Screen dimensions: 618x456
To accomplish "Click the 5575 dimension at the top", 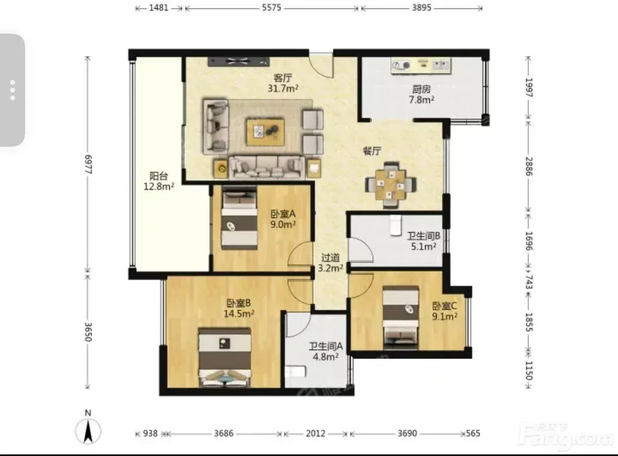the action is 272,7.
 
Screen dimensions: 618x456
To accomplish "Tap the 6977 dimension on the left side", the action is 88,165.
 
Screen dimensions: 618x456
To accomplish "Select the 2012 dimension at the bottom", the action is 316,433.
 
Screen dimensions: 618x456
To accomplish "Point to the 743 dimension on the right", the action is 529,282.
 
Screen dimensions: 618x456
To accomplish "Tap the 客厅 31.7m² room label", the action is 283,83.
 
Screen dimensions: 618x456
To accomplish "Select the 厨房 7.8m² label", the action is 421,94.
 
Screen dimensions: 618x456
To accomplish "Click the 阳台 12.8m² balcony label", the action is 159,181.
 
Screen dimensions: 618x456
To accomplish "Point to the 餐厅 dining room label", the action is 372,150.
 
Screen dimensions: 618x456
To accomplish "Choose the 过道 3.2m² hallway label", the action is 330,263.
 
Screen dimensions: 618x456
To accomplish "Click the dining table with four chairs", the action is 391,184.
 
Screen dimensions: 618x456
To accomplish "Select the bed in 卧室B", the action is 225,357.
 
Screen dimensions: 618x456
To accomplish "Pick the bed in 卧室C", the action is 401,318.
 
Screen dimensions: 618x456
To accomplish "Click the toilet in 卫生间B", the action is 395,225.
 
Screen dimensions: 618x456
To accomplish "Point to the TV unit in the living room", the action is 239,61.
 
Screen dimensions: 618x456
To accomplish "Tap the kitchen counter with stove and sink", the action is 421,66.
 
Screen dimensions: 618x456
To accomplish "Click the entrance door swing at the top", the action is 321,66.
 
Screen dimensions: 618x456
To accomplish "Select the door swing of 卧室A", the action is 300,254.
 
